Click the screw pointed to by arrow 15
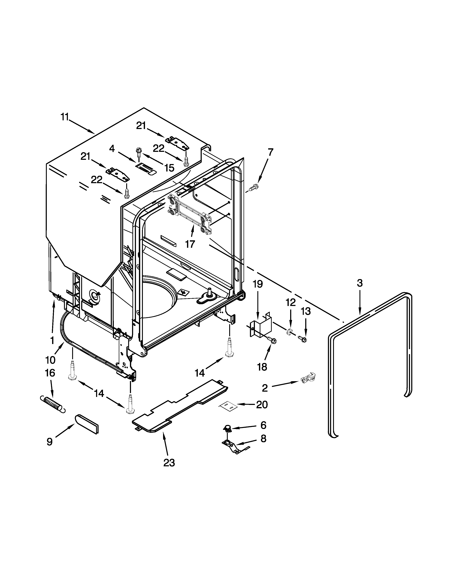[x=139, y=152]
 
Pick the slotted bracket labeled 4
[x=145, y=168]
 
